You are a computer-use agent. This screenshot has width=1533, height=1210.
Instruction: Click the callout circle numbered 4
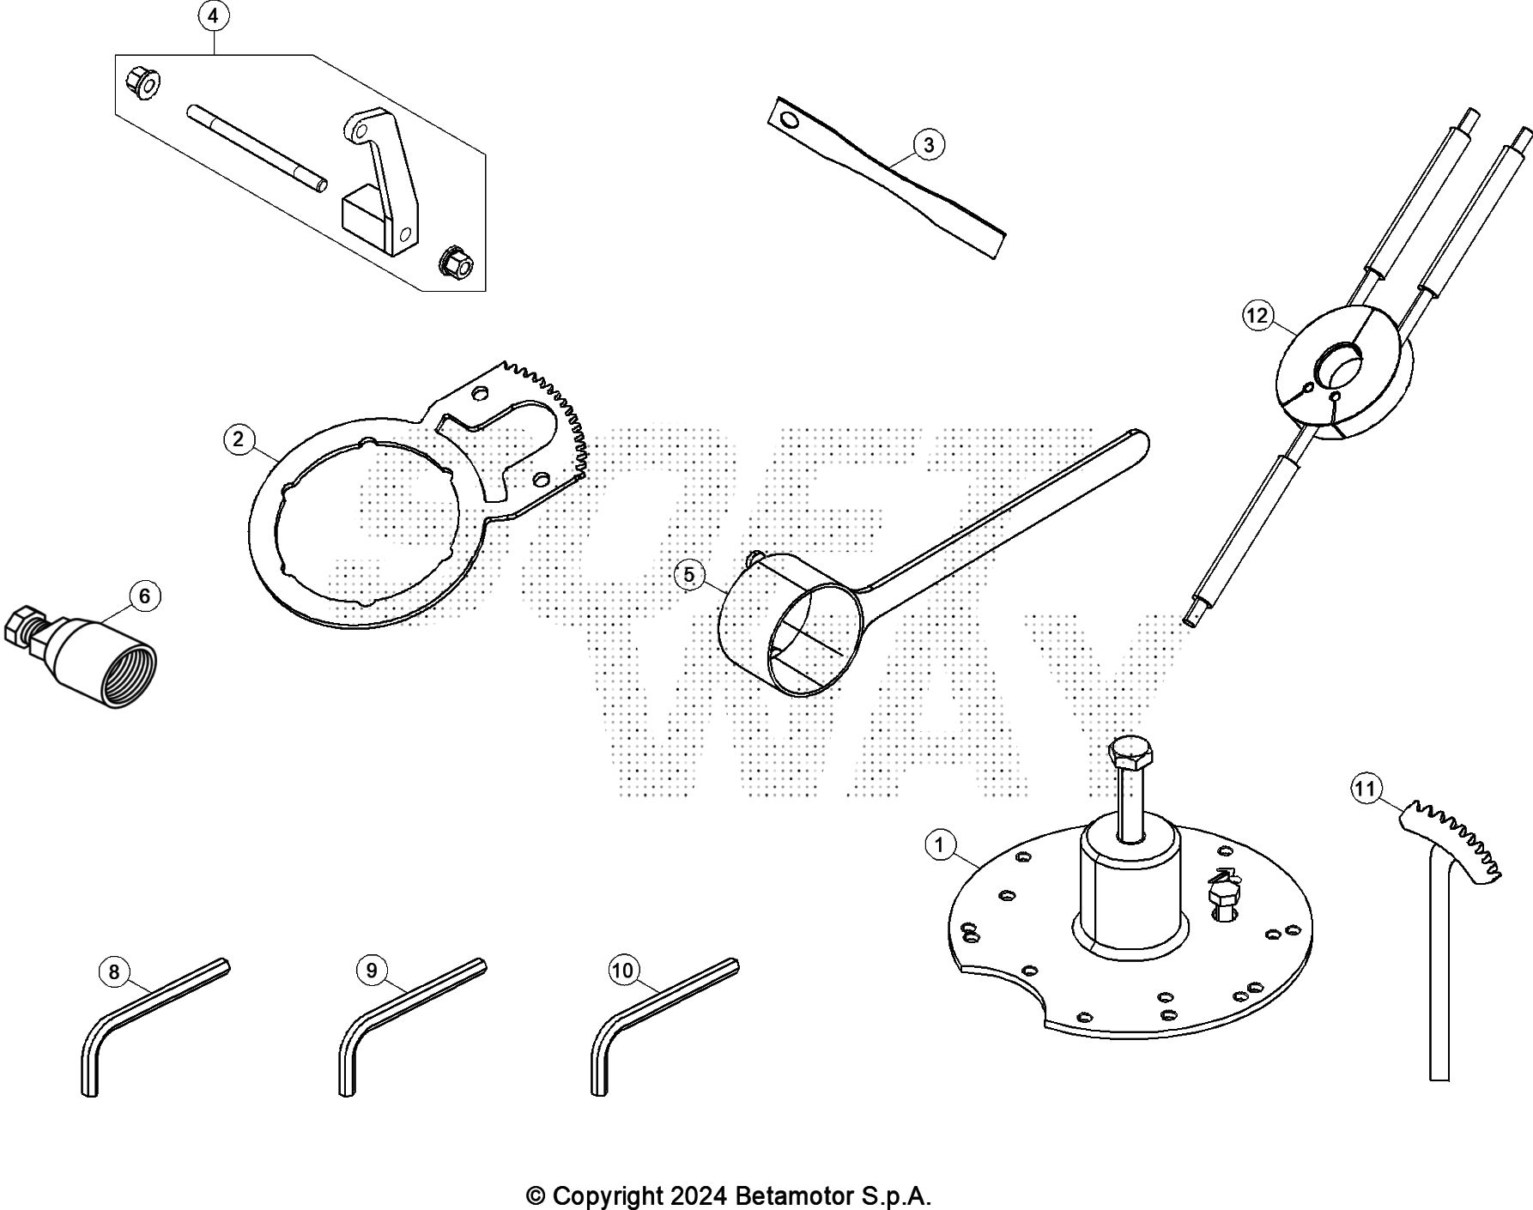point(213,16)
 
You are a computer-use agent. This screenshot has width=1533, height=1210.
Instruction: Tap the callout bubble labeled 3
point(929,145)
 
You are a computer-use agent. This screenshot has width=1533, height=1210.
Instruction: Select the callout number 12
point(1257,316)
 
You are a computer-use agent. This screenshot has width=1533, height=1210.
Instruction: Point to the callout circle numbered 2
point(239,439)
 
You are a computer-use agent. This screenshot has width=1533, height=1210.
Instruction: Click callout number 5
point(689,575)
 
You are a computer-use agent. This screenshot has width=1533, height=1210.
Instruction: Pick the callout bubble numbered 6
point(144,596)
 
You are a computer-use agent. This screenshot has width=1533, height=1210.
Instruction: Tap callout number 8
point(114,971)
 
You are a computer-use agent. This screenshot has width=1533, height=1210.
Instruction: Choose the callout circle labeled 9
point(372,971)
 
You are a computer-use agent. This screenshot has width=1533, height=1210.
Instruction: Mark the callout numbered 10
point(623,971)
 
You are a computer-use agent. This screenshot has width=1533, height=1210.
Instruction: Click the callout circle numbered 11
point(1366,788)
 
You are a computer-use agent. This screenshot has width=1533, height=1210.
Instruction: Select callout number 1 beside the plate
point(940,845)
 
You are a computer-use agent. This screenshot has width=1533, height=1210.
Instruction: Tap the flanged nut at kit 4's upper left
point(142,82)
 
